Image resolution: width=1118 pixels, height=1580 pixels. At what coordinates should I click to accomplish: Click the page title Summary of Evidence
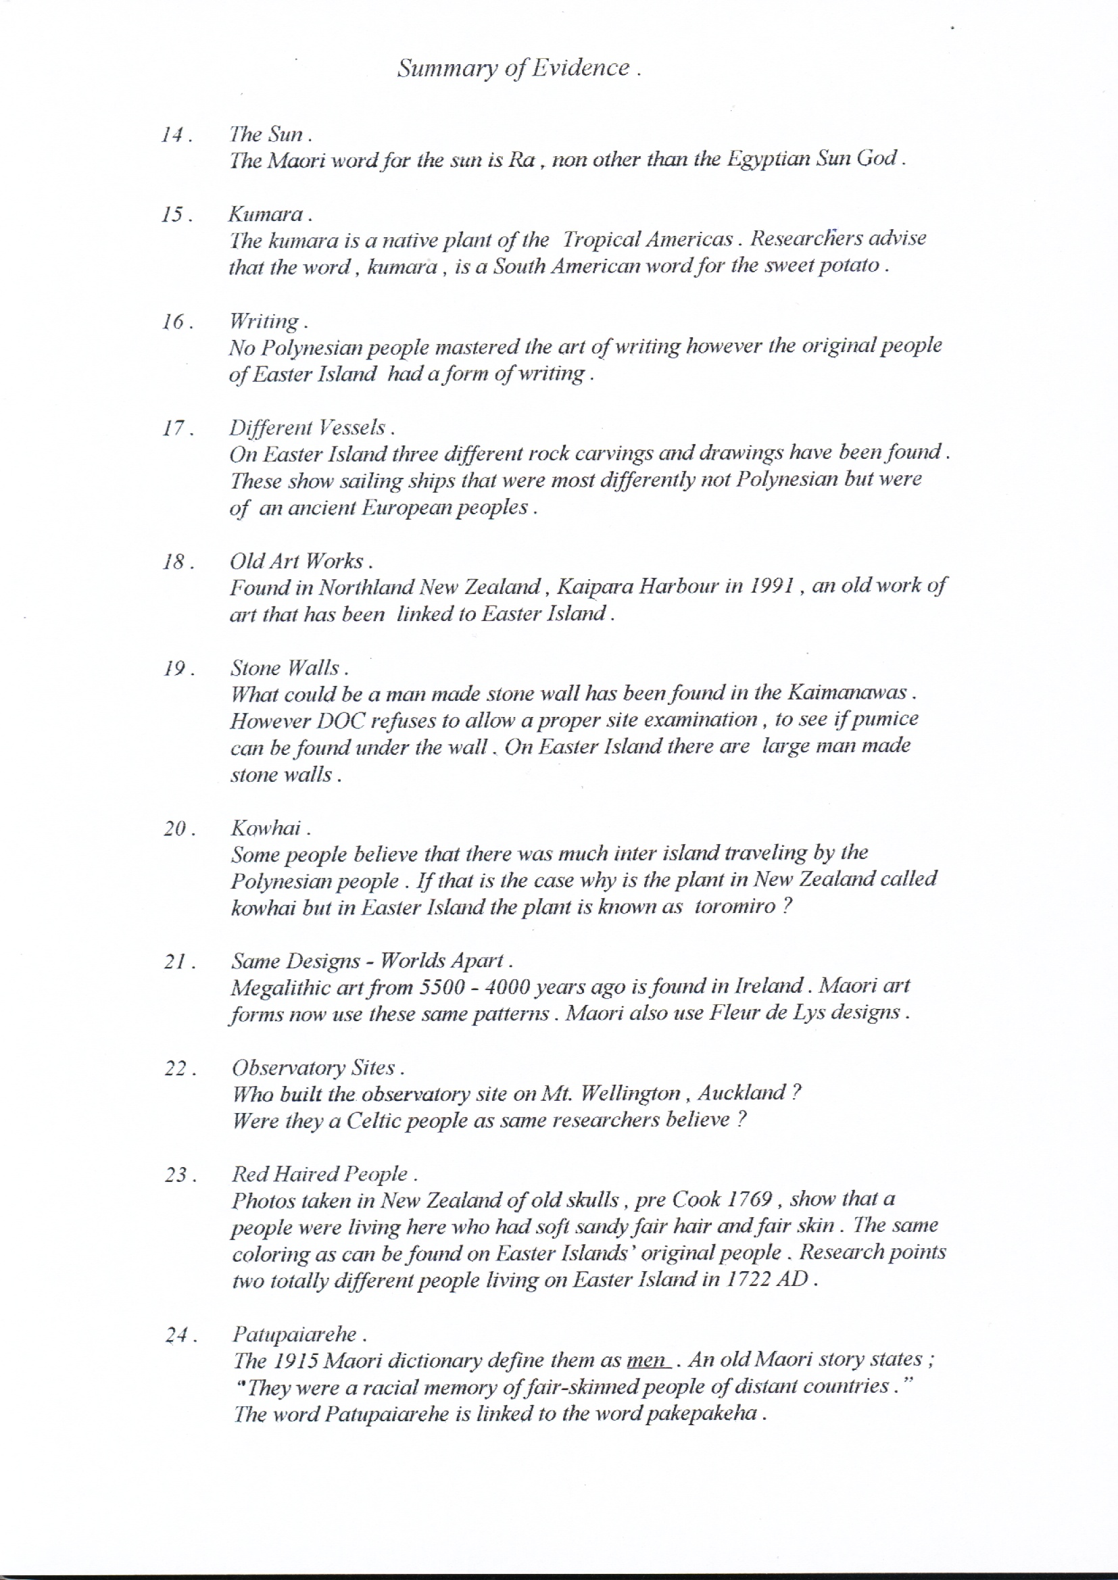tap(518, 68)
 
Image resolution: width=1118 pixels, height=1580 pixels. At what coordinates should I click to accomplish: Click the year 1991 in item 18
tap(773, 586)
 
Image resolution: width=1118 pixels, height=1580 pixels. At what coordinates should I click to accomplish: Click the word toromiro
tap(735, 906)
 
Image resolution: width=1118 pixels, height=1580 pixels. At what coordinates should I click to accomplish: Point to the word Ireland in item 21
tap(769, 986)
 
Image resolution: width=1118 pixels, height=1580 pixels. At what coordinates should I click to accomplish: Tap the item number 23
tap(178, 1175)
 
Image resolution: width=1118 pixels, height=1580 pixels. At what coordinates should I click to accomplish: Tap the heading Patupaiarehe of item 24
tap(295, 1334)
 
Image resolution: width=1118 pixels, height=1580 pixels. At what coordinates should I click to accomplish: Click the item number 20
tap(177, 829)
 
